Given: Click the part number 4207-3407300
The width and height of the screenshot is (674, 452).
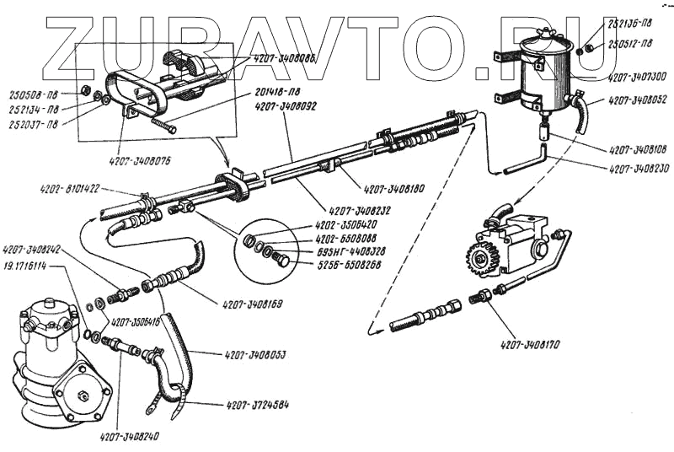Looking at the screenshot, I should point(638,75).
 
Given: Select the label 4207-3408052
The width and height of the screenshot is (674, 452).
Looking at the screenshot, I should point(638,100).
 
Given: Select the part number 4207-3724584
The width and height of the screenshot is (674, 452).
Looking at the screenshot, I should point(257,405).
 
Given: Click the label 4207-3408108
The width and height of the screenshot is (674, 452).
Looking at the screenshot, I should point(637,150).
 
